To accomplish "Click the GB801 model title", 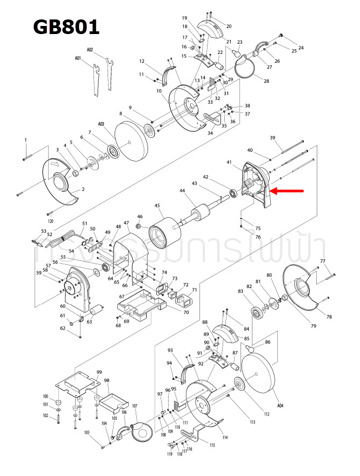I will pos(66,26).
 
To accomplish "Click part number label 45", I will pos(157,205).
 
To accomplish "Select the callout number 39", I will pos(273,138).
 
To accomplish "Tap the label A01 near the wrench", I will pos(78,58).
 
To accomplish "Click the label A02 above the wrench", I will pos(90,49).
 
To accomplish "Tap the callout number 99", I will pos(99,372).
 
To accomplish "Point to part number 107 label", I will pos(135,406).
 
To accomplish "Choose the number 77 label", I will pos(323,262).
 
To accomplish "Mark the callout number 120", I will pos(50,222).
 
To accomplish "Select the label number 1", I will pos(25,140).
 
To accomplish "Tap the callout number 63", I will pos(89,322).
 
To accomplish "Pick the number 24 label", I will pos(301,48).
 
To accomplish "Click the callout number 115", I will pos(212,445).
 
